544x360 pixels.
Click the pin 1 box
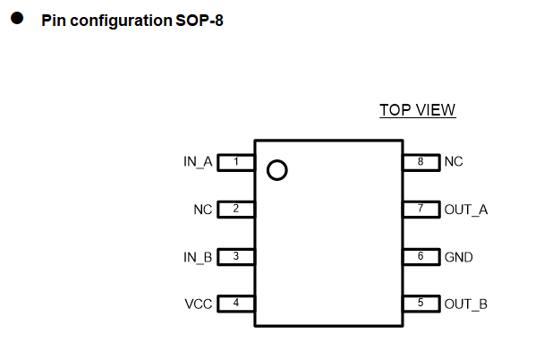tap(236, 162)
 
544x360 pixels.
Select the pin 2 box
tap(236, 210)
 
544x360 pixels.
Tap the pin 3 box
tap(236, 257)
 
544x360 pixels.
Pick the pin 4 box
tap(236, 304)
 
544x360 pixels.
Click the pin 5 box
tap(420, 304)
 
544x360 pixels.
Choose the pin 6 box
tap(420, 257)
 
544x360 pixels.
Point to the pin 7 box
tap(420, 210)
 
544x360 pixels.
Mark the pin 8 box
tap(420, 162)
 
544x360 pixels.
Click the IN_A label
tap(198, 162)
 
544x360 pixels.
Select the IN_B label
tap(198, 257)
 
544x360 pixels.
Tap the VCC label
tap(199, 304)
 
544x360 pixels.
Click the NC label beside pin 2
tap(203, 210)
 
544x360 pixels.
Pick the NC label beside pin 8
tap(454, 162)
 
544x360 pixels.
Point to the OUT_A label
tap(466, 210)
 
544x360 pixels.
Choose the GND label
tap(459, 257)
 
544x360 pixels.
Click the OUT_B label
tap(466, 304)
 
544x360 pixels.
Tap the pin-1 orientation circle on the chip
tap(277, 170)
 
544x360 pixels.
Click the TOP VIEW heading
tap(417, 110)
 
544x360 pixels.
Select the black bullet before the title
tap(17, 19)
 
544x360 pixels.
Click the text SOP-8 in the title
tap(200, 21)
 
